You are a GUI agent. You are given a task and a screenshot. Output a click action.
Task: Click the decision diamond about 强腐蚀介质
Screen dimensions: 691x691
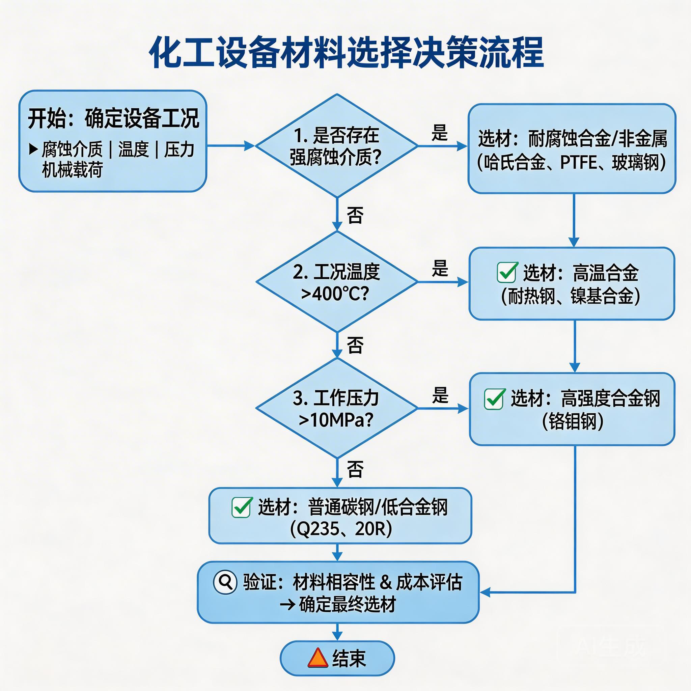tap(336, 146)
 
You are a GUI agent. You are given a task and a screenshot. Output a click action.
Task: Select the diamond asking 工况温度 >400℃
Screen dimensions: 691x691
tap(336, 282)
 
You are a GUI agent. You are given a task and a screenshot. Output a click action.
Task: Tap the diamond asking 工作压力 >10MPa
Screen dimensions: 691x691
tap(336, 409)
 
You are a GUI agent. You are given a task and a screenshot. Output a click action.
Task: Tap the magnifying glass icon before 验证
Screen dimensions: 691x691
tap(225, 582)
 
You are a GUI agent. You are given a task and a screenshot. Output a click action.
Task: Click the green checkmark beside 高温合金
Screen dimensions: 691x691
tap(507, 273)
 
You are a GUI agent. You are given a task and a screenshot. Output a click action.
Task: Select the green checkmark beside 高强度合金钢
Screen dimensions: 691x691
tap(494, 399)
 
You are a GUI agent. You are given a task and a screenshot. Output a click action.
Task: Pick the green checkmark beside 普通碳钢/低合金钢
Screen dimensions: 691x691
tap(242, 507)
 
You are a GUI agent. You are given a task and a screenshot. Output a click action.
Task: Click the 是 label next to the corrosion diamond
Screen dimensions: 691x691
tap(439, 133)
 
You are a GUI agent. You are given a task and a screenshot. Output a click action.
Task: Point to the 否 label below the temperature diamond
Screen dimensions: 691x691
tap(355, 345)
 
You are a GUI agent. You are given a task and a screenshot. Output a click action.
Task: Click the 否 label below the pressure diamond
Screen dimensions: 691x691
tap(355, 469)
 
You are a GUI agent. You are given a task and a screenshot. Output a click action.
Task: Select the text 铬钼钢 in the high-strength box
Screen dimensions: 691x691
tap(573, 422)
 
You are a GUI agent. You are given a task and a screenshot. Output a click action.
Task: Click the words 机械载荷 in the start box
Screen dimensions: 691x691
tap(72, 169)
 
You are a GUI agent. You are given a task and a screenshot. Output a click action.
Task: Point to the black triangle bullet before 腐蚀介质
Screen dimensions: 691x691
tap(33, 149)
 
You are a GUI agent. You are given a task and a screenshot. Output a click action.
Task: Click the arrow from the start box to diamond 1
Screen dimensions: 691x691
tap(231, 146)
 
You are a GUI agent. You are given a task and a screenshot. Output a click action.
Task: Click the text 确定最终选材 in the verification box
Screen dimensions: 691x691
tap(347, 605)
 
